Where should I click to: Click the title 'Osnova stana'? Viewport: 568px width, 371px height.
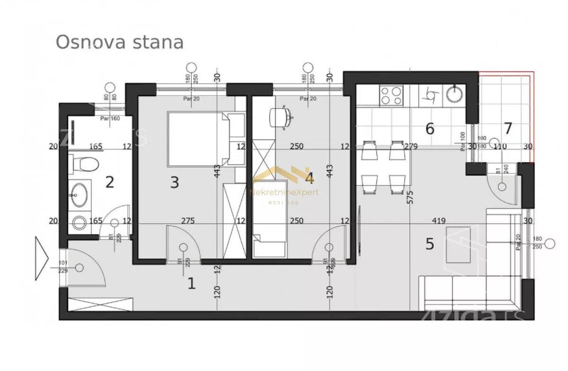coord(119,42)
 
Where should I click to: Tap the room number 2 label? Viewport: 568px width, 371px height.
coord(110,182)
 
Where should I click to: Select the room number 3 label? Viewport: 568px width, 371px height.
coord(175,182)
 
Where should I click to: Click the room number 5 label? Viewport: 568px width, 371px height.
coord(429,244)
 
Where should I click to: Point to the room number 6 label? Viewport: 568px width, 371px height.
coord(430,128)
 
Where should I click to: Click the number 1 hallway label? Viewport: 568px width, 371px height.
coord(192,283)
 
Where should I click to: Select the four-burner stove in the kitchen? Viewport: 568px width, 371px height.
coord(391,95)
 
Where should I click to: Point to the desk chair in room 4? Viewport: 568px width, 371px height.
coord(280,117)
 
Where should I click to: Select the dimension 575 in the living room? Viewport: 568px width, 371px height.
coord(410,196)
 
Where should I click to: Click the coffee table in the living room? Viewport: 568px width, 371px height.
coord(458,243)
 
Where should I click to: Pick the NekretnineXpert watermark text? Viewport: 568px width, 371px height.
coord(284,192)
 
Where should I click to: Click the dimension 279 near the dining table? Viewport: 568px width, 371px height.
coord(410,147)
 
